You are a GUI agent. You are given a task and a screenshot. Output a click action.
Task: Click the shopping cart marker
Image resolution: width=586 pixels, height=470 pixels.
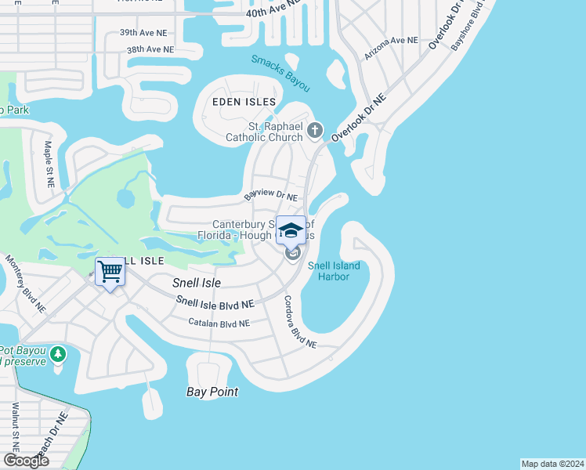pos(110,273)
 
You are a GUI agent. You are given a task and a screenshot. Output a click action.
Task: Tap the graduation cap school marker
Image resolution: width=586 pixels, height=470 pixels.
pos(291,230)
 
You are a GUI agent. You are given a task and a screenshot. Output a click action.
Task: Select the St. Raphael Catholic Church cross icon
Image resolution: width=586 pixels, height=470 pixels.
pos(315,130)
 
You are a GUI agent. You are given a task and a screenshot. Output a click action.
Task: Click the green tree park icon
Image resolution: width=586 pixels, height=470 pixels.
pos(57,355)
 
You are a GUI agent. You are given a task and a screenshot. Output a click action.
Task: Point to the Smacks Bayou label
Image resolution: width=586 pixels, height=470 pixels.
pos(281,72)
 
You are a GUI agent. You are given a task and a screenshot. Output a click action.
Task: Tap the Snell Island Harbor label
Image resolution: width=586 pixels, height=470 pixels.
pos(334,271)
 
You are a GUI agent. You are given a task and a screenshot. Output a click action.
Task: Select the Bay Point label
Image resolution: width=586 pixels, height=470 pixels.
pos(212,392)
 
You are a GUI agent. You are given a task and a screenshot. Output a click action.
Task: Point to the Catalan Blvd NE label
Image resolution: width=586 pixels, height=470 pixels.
pos(219,323)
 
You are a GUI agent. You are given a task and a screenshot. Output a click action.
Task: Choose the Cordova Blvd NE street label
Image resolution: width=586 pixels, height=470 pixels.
pos(299,321)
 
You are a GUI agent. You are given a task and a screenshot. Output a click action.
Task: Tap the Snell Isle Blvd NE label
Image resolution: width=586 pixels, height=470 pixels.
pos(215,302)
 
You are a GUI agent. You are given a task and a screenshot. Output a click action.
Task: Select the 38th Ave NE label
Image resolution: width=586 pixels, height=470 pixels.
pos(150,49)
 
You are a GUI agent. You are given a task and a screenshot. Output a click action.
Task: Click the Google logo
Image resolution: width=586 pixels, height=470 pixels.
pos(26,461)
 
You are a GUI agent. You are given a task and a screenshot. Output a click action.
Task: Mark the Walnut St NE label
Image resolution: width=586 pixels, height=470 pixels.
pos(15,428)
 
